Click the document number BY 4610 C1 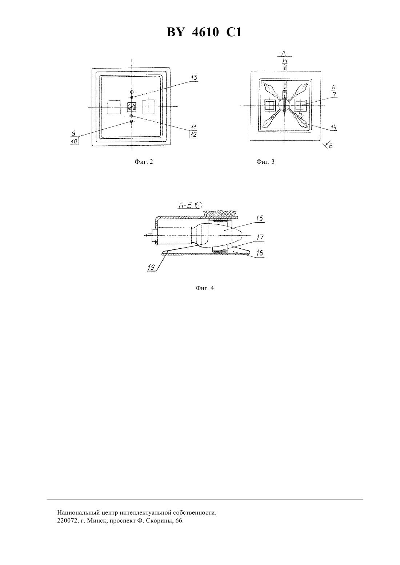coord(204,33)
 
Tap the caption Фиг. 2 coord(144,162)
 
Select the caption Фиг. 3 coord(265,162)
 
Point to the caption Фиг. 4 coord(204,288)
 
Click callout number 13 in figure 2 coord(194,78)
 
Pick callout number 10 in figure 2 coord(74,141)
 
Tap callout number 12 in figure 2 coord(194,135)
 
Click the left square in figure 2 coord(114,107)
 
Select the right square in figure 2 coord(149,107)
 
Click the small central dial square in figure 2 coord(132,107)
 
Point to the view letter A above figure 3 coord(284,53)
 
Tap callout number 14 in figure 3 coord(333,127)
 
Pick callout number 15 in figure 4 coord(260,218)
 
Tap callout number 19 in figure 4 coord(151,267)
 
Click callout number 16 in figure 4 coord(260,253)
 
